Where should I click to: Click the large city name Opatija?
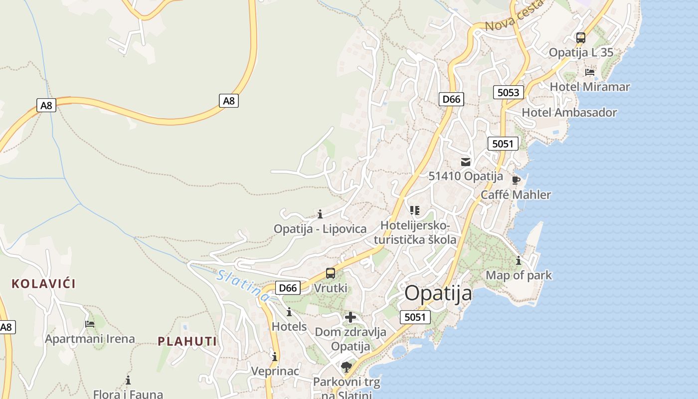point(438,293)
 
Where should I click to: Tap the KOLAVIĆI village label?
point(43,284)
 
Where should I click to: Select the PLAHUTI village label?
point(187,342)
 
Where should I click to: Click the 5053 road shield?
point(509,92)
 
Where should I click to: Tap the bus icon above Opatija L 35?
point(581,38)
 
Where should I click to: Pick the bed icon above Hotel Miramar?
point(590,72)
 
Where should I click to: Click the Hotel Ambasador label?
point(569,112)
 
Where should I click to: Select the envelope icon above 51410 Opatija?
point(466,162)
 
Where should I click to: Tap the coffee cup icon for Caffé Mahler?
point(516,180)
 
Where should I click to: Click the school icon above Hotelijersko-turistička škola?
point(415,210)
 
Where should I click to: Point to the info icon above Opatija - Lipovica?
point(320,214)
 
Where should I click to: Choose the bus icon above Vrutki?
point(331,273)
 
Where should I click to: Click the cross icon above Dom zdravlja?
point(350,317)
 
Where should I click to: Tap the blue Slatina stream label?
point(243,285)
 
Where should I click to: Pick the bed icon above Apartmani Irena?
point(90,324)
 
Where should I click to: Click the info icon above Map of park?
point(519,260)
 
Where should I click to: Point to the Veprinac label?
point(275,371)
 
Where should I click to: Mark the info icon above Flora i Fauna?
point(128,380)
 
